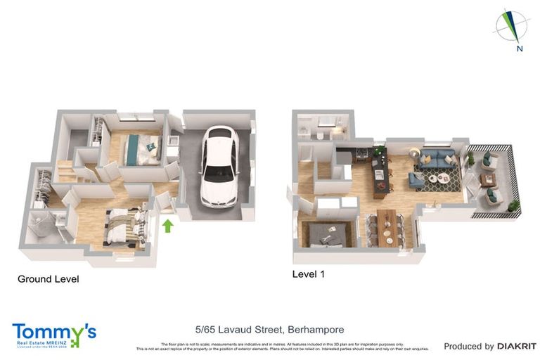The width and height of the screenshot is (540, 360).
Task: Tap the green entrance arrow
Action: [x=167, y=226]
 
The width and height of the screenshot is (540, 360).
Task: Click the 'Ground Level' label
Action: [x=48, y=279]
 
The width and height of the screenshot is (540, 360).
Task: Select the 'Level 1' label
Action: [x=308, y=274]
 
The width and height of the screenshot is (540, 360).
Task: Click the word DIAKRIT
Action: [x=517, y=346]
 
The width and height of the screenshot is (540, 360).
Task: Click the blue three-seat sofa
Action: [x=436, y=160]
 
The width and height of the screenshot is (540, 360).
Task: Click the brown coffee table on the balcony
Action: [x=489, y=180]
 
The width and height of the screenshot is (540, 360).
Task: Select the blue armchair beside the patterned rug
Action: [x=416, y=181]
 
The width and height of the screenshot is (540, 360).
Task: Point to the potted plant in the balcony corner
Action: [x=514, y=205]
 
